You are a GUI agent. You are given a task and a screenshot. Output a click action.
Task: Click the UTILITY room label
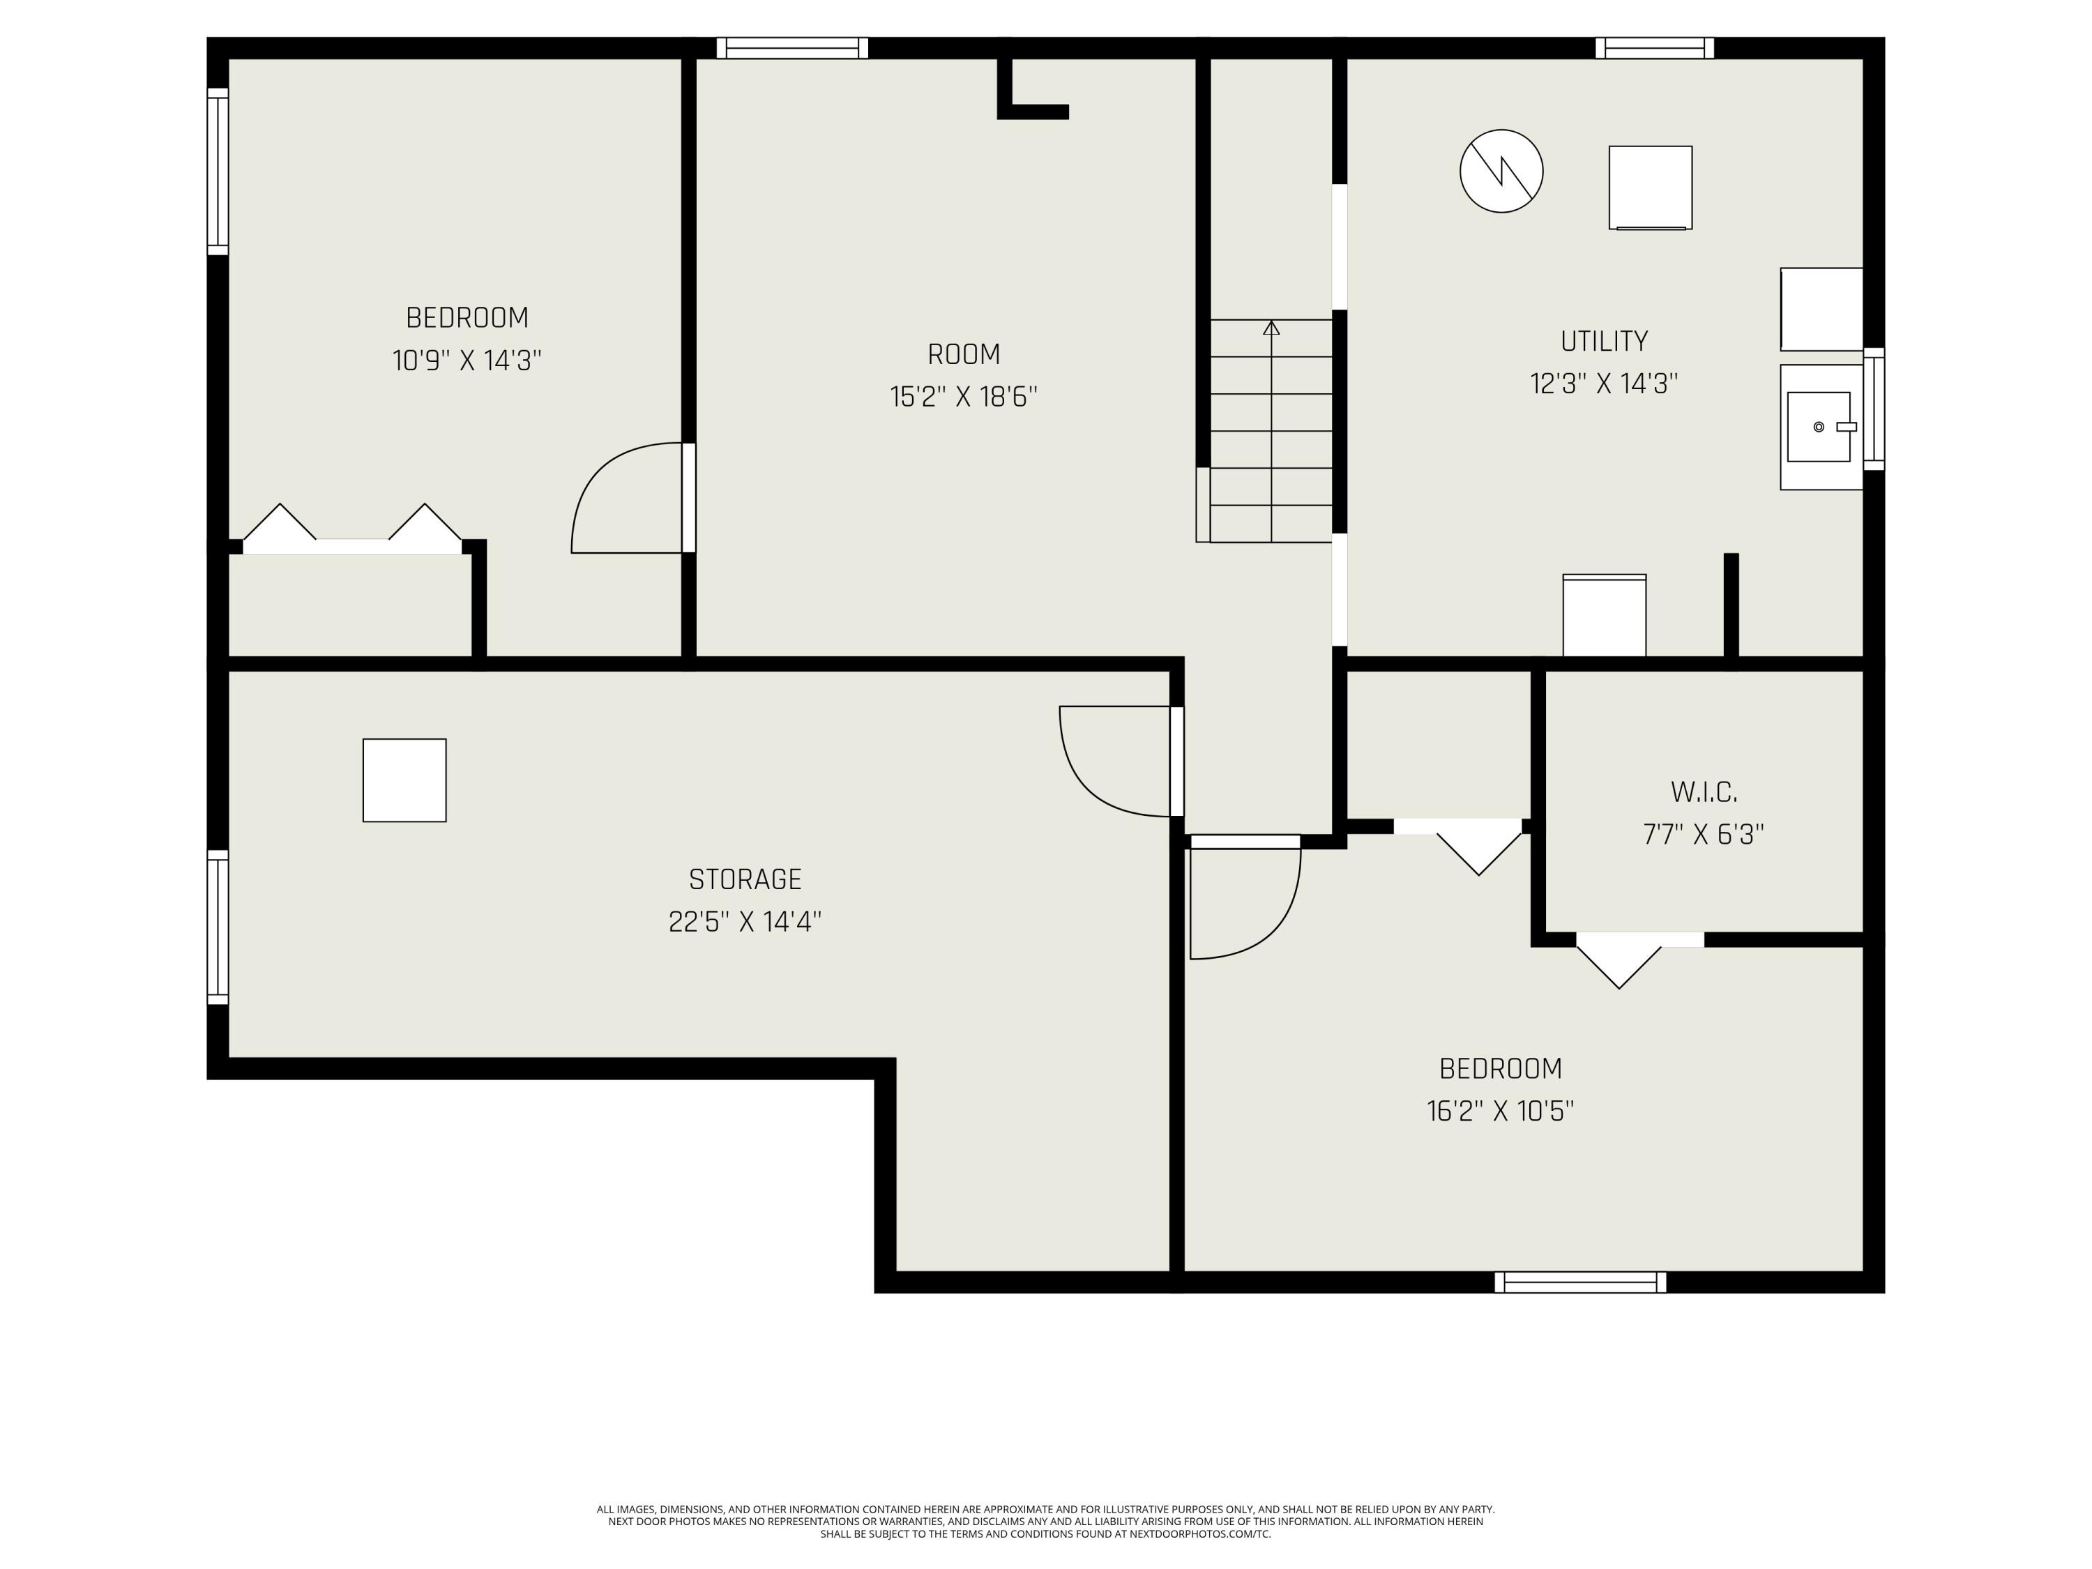point(1604,340)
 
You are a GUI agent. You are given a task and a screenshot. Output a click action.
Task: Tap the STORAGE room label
point(745,879)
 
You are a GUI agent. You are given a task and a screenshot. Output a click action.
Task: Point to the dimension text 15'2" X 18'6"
point(964,396)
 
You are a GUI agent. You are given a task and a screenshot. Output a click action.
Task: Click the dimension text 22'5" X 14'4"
point(745,922)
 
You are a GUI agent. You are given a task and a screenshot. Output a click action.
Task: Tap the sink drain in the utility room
point(1819,427)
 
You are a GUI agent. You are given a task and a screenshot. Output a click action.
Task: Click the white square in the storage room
point(404,780)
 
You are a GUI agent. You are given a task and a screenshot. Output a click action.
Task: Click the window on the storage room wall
point(218,927)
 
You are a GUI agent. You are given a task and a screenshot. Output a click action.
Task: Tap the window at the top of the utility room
point(1654,48)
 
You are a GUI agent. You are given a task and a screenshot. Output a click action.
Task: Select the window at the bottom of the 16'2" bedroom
point(1580,1282)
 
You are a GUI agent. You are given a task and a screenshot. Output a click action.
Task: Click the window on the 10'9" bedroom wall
point(218,171)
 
